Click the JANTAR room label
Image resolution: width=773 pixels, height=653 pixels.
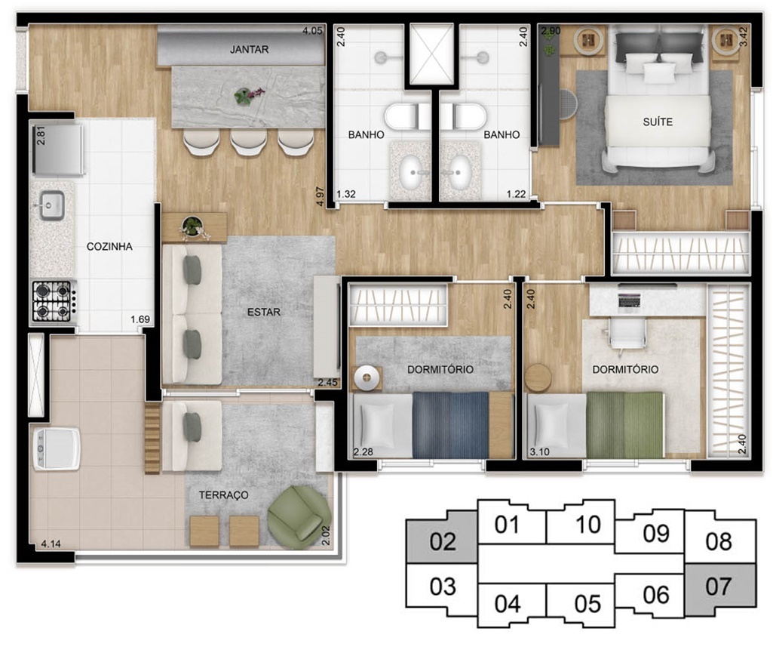(249, 49)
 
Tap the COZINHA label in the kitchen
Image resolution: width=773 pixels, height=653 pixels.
(109, 246)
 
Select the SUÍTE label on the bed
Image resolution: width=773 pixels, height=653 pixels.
(658, 122)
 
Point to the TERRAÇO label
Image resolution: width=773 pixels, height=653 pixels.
(223, 495)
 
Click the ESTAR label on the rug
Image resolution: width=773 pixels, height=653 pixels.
(264, 312)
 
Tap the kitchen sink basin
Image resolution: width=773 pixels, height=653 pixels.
(52, 205)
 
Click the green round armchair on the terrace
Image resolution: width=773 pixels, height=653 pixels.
(299, 517)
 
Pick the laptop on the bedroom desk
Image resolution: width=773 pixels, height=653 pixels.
(628, 300)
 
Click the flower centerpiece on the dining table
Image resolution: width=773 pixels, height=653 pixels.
(248, 95)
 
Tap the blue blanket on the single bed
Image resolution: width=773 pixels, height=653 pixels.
(450, 424)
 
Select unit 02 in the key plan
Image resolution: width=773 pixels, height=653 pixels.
(442, 541)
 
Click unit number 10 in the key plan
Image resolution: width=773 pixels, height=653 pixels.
(587, 524)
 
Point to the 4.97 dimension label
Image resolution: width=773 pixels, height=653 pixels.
(320, 196)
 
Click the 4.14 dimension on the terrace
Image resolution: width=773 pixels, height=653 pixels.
(51, 544)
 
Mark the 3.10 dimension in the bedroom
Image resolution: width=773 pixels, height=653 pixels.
(539, 451)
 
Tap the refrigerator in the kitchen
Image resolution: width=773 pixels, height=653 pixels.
(57, 150)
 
